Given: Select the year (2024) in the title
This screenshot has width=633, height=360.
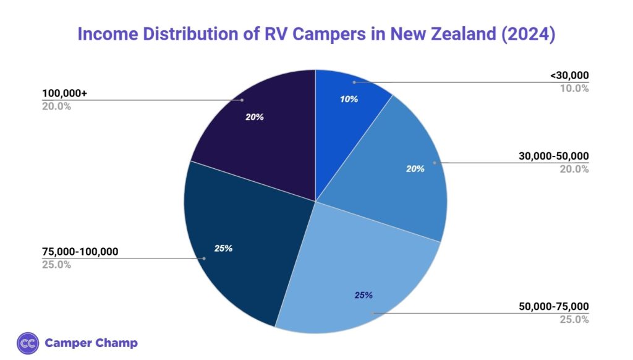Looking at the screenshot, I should (x=527, y=34).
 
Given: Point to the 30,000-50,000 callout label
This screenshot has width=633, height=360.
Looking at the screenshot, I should (x=554, y=156).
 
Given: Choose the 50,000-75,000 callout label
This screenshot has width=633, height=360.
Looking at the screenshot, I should (x=554, y=306).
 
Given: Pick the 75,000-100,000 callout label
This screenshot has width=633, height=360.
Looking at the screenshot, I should (x=80, y=252).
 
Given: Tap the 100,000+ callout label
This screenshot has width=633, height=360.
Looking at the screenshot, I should (x=65, y=93).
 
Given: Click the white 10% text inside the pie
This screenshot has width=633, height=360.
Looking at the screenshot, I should (x=349, y=99).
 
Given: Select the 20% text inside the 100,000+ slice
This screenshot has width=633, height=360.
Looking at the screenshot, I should (x=254, y=116).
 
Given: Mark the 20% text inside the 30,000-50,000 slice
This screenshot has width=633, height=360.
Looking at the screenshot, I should (x=415, y=168).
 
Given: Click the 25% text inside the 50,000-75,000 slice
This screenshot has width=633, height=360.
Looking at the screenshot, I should (x=363, y=295).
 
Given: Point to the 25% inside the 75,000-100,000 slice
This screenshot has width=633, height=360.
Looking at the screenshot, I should (x=223, y=248).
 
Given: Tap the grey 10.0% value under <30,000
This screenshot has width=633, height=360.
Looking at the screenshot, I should (x=574, y=88).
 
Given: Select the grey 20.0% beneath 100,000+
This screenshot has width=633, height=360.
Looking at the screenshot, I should (x=56, y=106).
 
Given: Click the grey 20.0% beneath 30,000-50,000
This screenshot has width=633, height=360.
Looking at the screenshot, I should (x=574, y=169).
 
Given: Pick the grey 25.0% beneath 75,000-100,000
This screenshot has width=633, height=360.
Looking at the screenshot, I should (x=56, y=265).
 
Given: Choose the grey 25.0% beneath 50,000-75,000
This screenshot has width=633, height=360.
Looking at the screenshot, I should (x=574, y=319).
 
